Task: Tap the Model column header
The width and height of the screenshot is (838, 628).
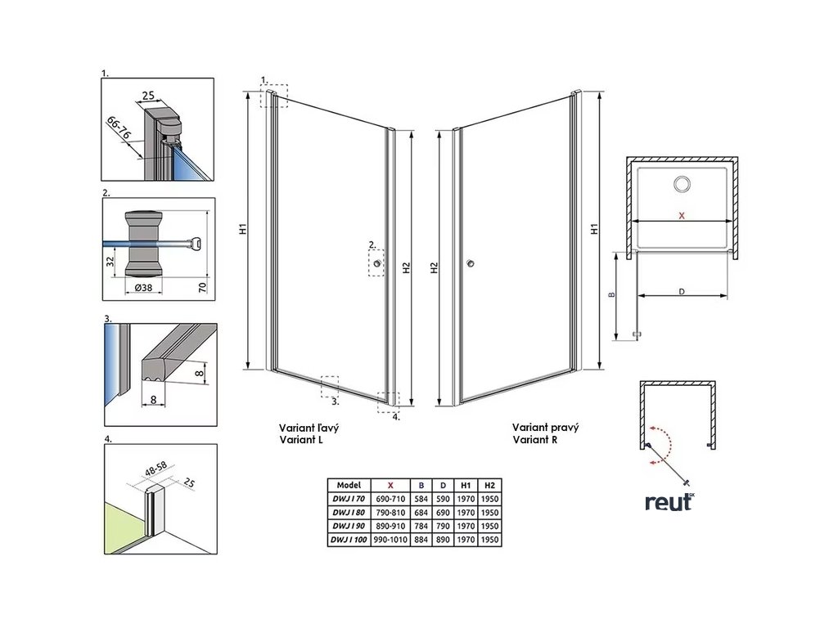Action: [349, 484]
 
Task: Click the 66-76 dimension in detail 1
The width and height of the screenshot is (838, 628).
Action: [122, 130]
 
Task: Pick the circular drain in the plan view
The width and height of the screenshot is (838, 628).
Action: [681, 185]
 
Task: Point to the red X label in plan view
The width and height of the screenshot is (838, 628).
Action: [683, 216]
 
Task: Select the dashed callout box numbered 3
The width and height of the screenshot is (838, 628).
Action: [330, 384]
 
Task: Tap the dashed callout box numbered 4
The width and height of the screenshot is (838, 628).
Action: [387, 400]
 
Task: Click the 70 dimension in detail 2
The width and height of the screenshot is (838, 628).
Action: [202, 285]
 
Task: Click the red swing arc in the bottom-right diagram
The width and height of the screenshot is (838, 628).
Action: [665, 446]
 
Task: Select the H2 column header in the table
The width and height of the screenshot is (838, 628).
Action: [490, 484]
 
